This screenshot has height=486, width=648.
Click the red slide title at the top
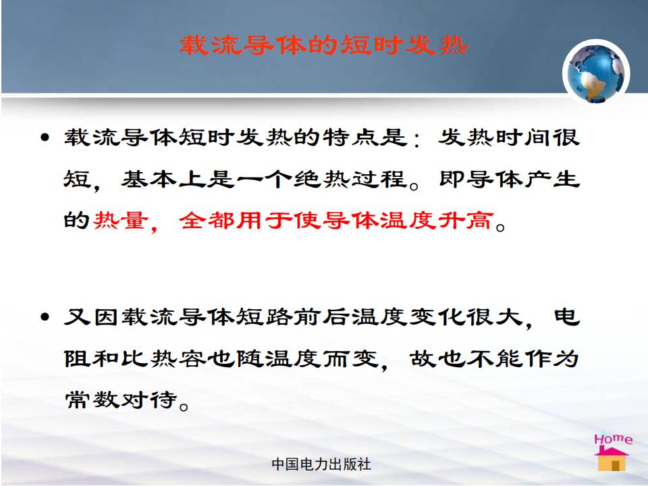323,45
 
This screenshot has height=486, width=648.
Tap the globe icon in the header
596,73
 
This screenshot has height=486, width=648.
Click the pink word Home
614,439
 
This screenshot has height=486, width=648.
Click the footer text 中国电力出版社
321,464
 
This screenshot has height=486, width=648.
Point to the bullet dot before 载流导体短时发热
45,137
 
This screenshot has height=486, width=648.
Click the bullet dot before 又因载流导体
45,317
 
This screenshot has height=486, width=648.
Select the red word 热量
120,220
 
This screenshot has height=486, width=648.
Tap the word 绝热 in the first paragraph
321,179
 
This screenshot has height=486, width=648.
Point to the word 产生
552,179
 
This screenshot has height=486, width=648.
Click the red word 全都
207,220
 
